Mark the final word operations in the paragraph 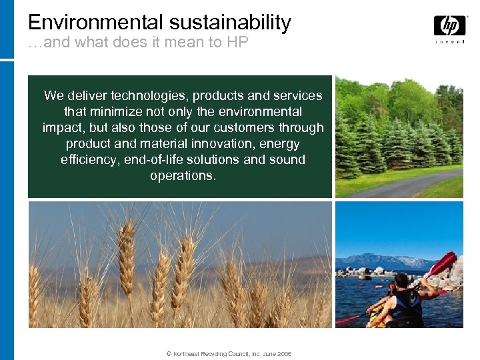[x=183, y=176]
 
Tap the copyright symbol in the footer [x=169, y=354]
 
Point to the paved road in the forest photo [x=400, y=184]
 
